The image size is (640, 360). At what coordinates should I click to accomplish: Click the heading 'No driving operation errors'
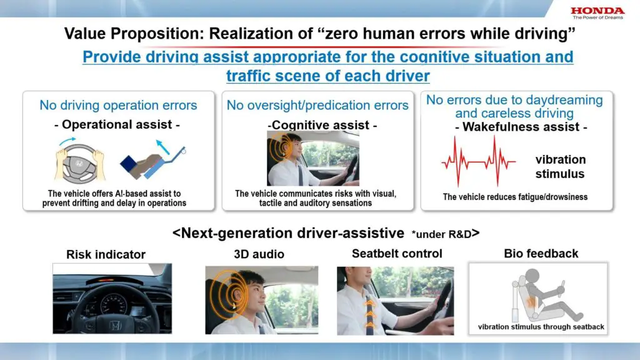coord(118,105)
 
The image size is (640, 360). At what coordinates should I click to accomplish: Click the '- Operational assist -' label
coord(117,125)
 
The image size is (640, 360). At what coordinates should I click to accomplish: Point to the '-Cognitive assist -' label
coord(322,126)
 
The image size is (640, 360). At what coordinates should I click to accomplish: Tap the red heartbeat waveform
coord(478,161)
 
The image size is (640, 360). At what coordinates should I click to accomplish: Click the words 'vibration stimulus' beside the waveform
coord(561,166)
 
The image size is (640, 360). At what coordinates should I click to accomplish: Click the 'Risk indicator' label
coord(106,254)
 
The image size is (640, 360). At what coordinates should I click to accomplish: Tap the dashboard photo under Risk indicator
coord(112,298)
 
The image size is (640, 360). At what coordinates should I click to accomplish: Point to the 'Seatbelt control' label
coord(397,253)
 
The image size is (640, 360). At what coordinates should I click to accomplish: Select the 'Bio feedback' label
coord(541,253)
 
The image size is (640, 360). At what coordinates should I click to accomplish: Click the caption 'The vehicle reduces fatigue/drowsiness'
coord(515,197)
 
